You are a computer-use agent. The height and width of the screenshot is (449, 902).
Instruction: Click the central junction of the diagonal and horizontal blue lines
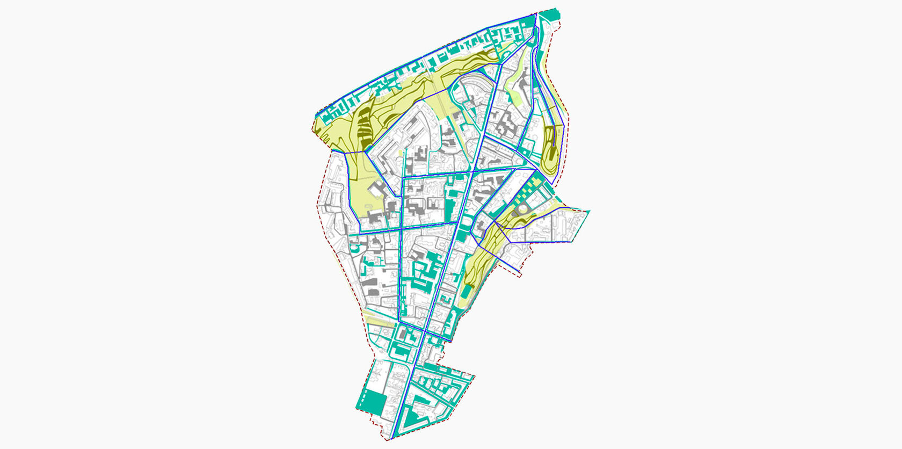(x=471, y=173)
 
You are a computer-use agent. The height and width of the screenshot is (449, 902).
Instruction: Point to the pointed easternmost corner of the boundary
(x=590, y=211)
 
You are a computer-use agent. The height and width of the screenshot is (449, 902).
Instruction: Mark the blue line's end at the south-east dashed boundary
(x=519, y=270)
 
